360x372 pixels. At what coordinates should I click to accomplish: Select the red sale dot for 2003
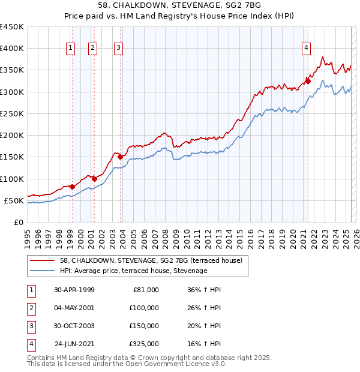pos(121,157)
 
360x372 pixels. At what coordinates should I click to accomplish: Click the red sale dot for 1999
pos(72,187)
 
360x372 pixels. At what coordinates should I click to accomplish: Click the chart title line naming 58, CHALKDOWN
pos(180,6)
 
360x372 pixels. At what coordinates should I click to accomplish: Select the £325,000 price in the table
pos(144,344)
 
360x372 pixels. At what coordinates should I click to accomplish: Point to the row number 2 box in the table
pos(31,308)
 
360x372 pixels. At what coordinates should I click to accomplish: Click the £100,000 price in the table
pos(144,308)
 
